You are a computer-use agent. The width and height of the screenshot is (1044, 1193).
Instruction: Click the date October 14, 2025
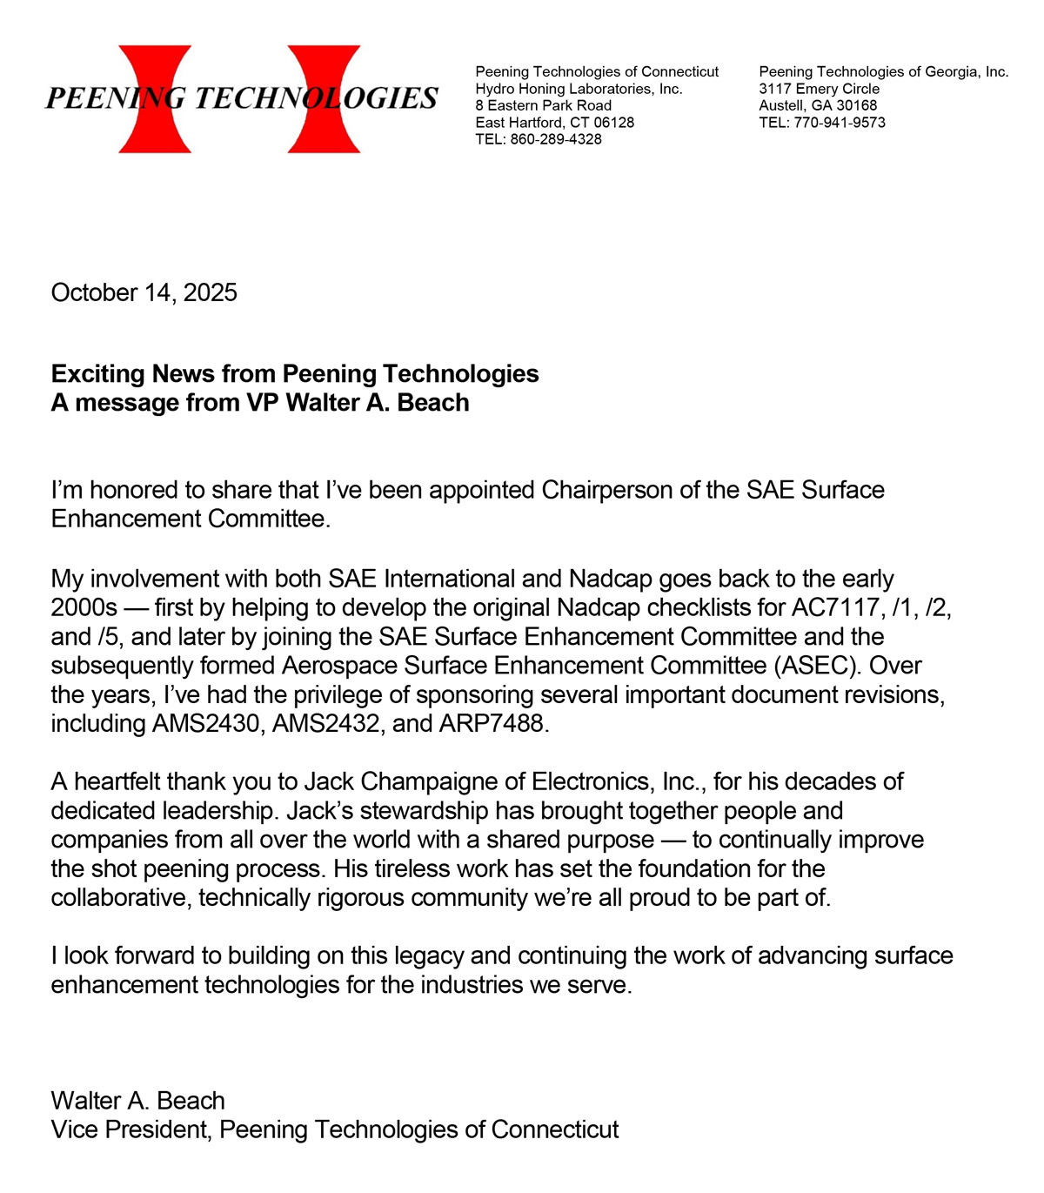tap(144, 292)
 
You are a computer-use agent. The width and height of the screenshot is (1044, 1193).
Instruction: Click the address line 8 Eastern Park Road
tap(543, 106)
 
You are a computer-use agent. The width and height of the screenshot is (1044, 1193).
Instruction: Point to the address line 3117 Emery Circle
tap(819, 89)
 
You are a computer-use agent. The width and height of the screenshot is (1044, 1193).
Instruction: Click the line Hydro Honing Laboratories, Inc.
tap(579, 89)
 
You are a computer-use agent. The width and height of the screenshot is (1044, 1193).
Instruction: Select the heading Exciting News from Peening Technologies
tap(295, 374)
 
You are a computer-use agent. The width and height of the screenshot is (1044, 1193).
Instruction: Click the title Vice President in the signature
tap(129, 1129)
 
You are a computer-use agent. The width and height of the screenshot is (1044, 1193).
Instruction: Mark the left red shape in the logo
tap(155, 99)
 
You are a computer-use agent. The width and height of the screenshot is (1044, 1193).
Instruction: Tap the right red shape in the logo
tap(324, 99)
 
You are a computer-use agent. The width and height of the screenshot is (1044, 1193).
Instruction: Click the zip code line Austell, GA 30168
tap(818, 106)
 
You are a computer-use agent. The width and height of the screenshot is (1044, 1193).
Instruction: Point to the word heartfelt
tap(117, 781)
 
